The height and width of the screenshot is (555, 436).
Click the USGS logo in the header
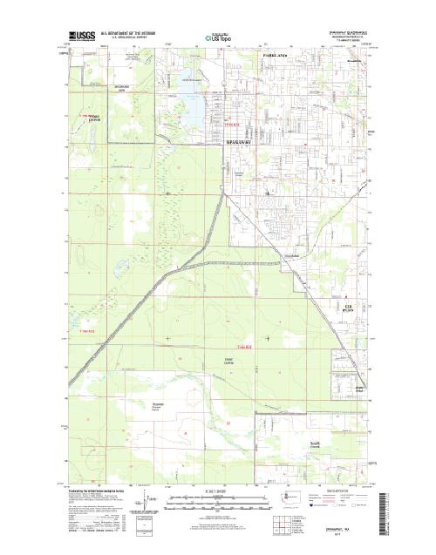click(x=82, y=37)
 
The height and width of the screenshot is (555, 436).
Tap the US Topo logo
click(x=219, y=38)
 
